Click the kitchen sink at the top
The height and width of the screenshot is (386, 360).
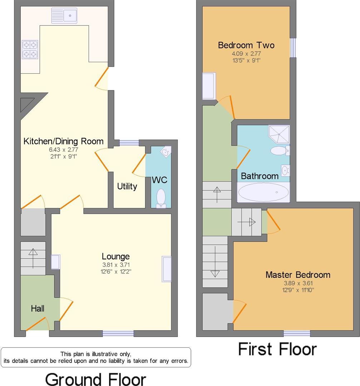pyautogui.click(x=64, y=16)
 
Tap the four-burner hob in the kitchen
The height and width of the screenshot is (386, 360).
pyautogui.click(x=30, y=49)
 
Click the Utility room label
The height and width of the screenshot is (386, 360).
pyautogui.click(x=127, y=186)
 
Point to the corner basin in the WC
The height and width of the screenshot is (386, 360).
pyautogui.click(x=166, y=152)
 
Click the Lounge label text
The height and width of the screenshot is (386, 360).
pyautogui.click(x=115, y=256)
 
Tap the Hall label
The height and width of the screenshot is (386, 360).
pyautogui.click(x=38, y=308)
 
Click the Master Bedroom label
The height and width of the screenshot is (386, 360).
pyautogui.click(x=297, y=275)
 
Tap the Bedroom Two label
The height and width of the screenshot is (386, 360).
pyautogui.click(x=246, y=45)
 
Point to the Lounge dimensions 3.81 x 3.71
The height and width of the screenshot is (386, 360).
pyautogui.click(x=115, y=265)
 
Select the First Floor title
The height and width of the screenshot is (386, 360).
pyautogui.click(x=277, y=349)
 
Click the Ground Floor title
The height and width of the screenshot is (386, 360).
pyautogui.click(x=95, y=379)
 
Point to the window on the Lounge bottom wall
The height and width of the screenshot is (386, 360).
pyautogui.click(x=118, y=333)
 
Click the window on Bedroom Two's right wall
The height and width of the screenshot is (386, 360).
pyautogui.click(x=293, y=48)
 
